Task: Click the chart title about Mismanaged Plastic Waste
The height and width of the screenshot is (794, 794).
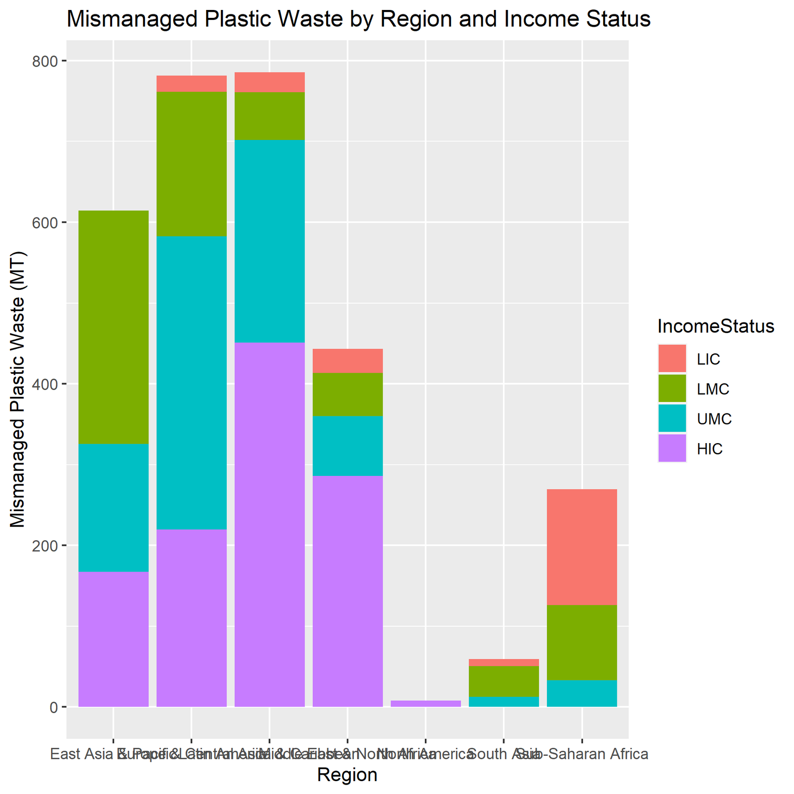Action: click(x=358, y=20)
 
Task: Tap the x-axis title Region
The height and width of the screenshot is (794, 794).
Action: click(x=347, y=775)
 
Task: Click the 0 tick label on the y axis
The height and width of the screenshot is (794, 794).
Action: click(x=53, y=707)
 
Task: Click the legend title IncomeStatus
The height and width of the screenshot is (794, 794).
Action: click(x=716, y=326)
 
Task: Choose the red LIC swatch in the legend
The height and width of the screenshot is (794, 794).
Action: click(x=672, y=359)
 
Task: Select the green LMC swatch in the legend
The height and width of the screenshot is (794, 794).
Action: click(x=672, y=389)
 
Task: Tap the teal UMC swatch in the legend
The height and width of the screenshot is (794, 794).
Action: click(x=672, y=419)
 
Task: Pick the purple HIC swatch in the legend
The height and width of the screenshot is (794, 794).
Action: click(x=672, y=449)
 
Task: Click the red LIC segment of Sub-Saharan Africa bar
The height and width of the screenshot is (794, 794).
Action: click(x=582, y=547)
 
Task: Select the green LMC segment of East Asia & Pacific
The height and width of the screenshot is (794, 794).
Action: click(x=114, y=327)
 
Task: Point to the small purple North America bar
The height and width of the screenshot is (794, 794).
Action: click(x=426, y=703)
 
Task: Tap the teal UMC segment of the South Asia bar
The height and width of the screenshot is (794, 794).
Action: click(x=504, y=701)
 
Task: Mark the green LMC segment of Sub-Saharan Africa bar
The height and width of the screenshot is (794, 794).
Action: click(x=582, y=642)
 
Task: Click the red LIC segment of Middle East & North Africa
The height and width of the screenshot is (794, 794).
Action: click(x=347, y=361)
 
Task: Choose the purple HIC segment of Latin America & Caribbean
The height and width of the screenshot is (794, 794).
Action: click(x=269, y=524)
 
